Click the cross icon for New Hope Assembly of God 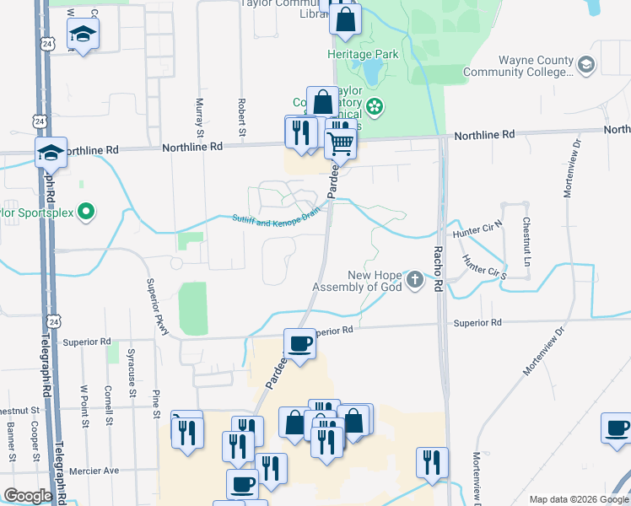pos(414,279)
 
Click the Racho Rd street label pos(438,269)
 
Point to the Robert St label pos(241,117)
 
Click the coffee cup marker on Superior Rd pos(299,343)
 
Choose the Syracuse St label pos(132,367)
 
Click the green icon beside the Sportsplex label pos(84,213)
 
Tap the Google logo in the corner pos(28,496)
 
